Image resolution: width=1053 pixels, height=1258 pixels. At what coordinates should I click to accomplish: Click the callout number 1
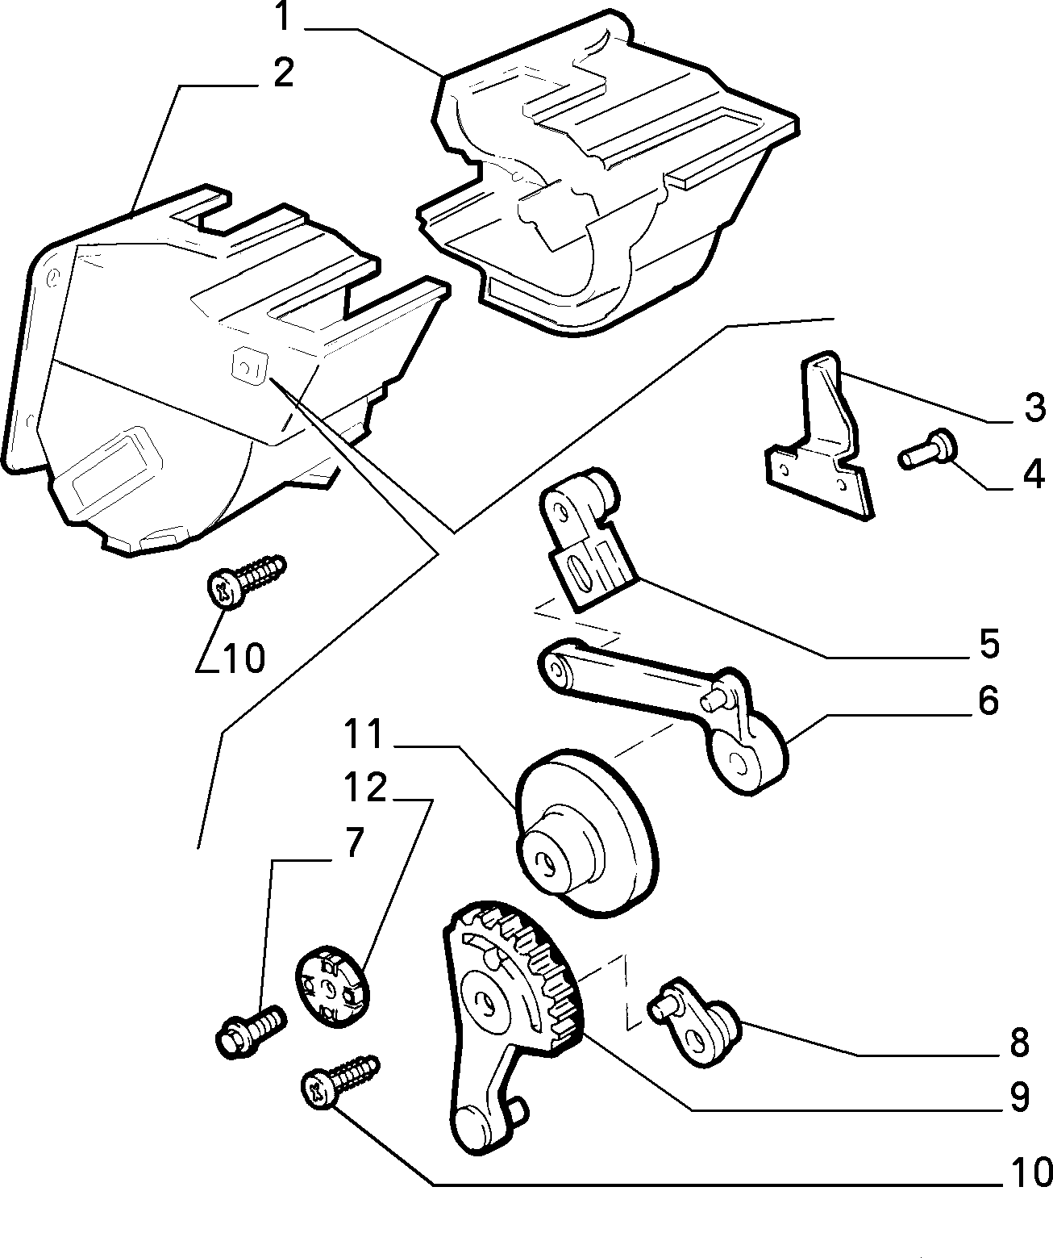(x=284, y=18)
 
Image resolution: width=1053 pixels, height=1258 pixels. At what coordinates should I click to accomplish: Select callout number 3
(x=1034, y=407)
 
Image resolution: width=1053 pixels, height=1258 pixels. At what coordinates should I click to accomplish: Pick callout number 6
(x=988, y=700)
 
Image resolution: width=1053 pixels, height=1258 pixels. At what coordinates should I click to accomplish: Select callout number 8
(x=1018, y=1043)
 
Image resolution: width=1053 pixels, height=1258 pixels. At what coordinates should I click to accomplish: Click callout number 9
(x=1018, y=1097)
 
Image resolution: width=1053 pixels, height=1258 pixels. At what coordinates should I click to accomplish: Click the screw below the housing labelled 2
(x=246, y=580)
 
